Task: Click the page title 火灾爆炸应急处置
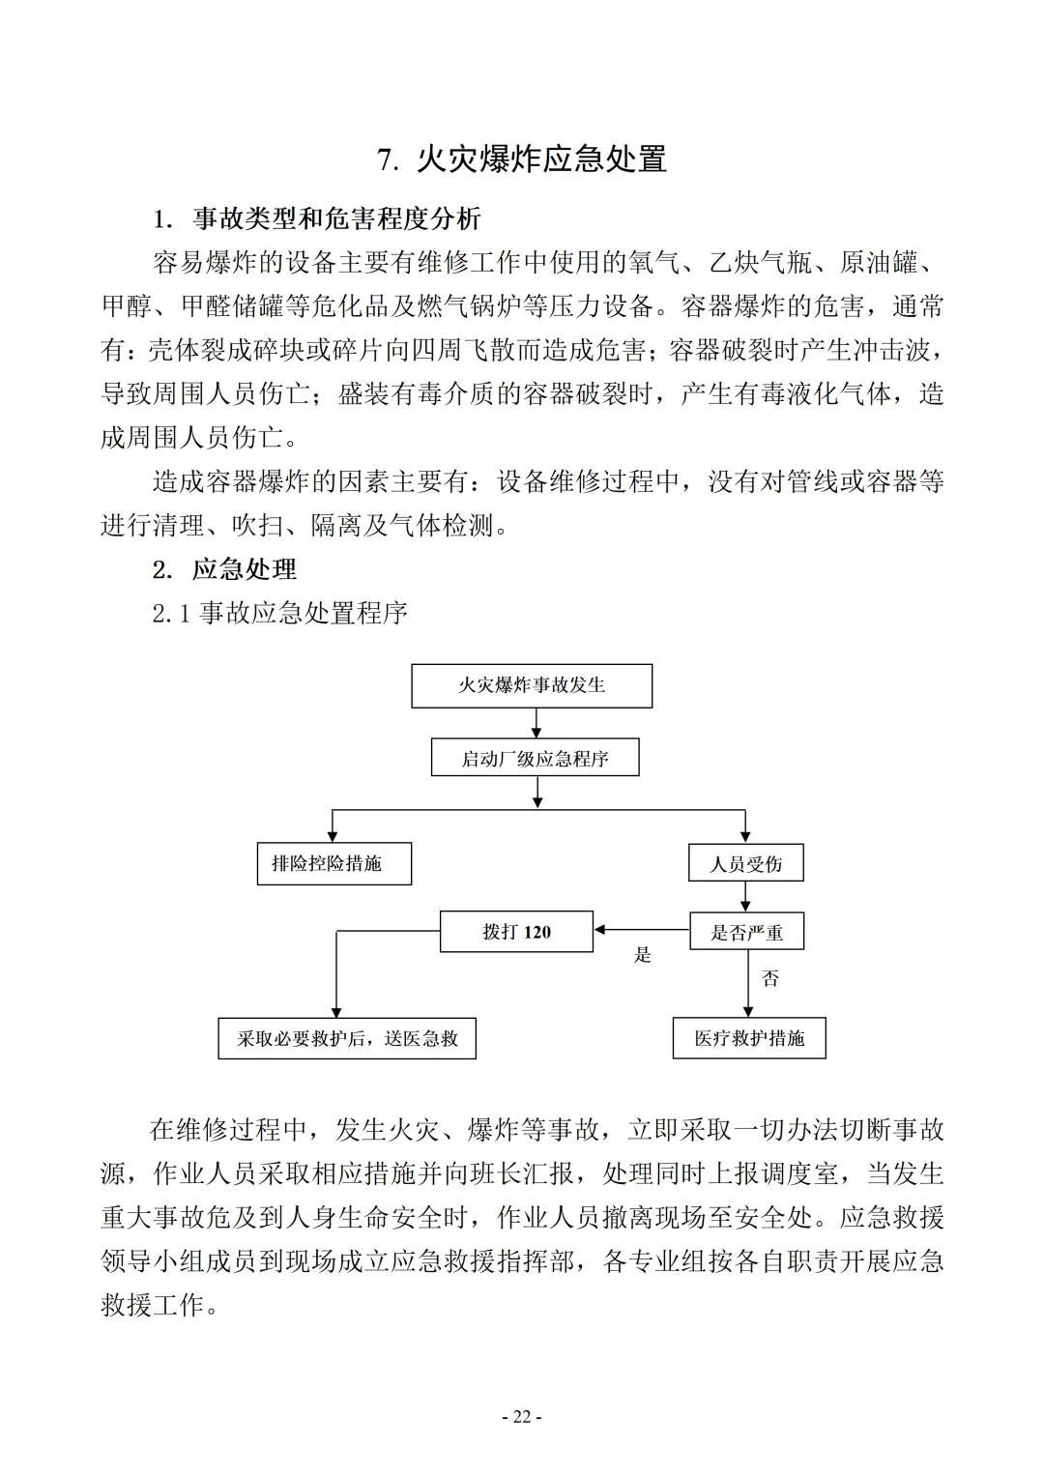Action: (x=522, y=159)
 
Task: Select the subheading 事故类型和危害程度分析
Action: (x=335, y=218)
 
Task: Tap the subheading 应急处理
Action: (x=244, y=569)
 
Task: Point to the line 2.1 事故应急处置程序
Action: (x=280, y=613)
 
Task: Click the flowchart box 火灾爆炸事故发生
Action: (x=532, y=686)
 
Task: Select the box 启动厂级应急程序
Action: (x=535, y=759)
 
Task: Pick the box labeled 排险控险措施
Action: (x=334, y=864)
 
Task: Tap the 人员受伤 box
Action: (x=745, y=864)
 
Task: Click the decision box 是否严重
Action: (x=746, y=932)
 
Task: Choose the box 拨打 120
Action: (x=516, y=932)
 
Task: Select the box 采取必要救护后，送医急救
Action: (x=347, y=1039)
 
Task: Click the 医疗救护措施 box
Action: (x=749, y=1039)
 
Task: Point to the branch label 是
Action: (x=643, y=955)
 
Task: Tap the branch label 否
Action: (x=770, y=979)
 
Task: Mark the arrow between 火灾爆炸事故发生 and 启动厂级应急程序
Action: (x=537, y=723)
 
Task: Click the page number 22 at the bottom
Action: (x=522, y=1417)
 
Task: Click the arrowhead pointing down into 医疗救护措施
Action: (x=749, y=1011)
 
